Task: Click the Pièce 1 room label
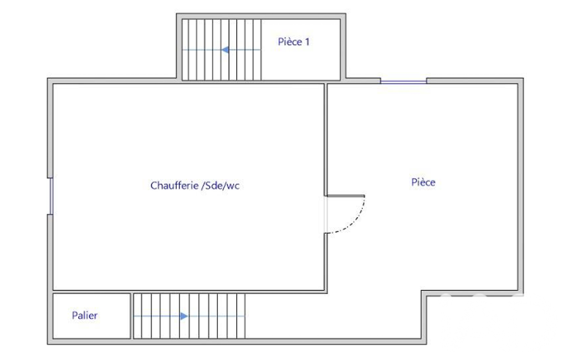tap(293, 42)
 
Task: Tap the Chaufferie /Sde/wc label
tap(195, 186)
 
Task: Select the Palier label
tap(84, 315)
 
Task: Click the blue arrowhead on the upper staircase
tap(225, 50)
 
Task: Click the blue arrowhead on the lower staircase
tap(184, 316)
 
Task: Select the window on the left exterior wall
tap(51, 196)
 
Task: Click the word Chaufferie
tap(174, 186)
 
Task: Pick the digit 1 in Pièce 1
tap(308, 42)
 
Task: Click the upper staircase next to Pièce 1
tap(221, 50)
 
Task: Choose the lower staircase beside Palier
tap(190, 316)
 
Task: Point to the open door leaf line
tap(346, 196)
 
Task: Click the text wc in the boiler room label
tap(233, 186)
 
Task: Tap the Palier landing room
tap(91, 316)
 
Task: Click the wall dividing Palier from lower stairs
tap(132, 316)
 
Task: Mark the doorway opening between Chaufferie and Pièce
tap(326, 214)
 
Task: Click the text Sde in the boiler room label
tap(213, 186)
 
